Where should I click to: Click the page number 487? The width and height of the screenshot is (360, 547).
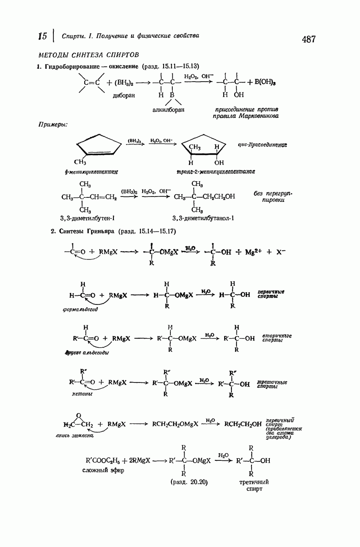point(309,40)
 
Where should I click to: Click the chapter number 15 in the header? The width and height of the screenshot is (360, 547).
point(43,36)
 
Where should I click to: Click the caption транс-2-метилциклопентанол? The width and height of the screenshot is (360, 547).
point(216,171)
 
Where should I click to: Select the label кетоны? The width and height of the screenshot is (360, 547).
point(82,393)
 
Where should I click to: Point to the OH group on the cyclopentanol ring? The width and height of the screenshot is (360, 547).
point(219,162)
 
